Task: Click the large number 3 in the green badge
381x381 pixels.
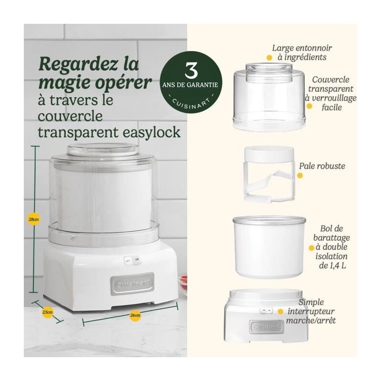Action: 191,70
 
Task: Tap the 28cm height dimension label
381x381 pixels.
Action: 33,219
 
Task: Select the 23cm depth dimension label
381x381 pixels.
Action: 48,312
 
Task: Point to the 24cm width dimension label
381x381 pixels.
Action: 135,315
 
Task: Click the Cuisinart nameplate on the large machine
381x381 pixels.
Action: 132,284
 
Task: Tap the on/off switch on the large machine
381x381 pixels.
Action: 132,260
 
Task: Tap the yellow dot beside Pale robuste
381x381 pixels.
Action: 300,175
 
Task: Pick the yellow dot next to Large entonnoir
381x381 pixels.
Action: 269,58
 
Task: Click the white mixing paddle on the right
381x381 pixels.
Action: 270,174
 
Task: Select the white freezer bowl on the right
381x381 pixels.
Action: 269,247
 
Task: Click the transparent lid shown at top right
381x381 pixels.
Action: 269,97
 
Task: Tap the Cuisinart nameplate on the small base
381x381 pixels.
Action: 267,326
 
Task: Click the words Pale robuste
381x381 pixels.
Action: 322,166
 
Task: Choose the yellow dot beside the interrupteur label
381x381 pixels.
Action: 281,311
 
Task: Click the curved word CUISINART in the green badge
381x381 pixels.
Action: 191,105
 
